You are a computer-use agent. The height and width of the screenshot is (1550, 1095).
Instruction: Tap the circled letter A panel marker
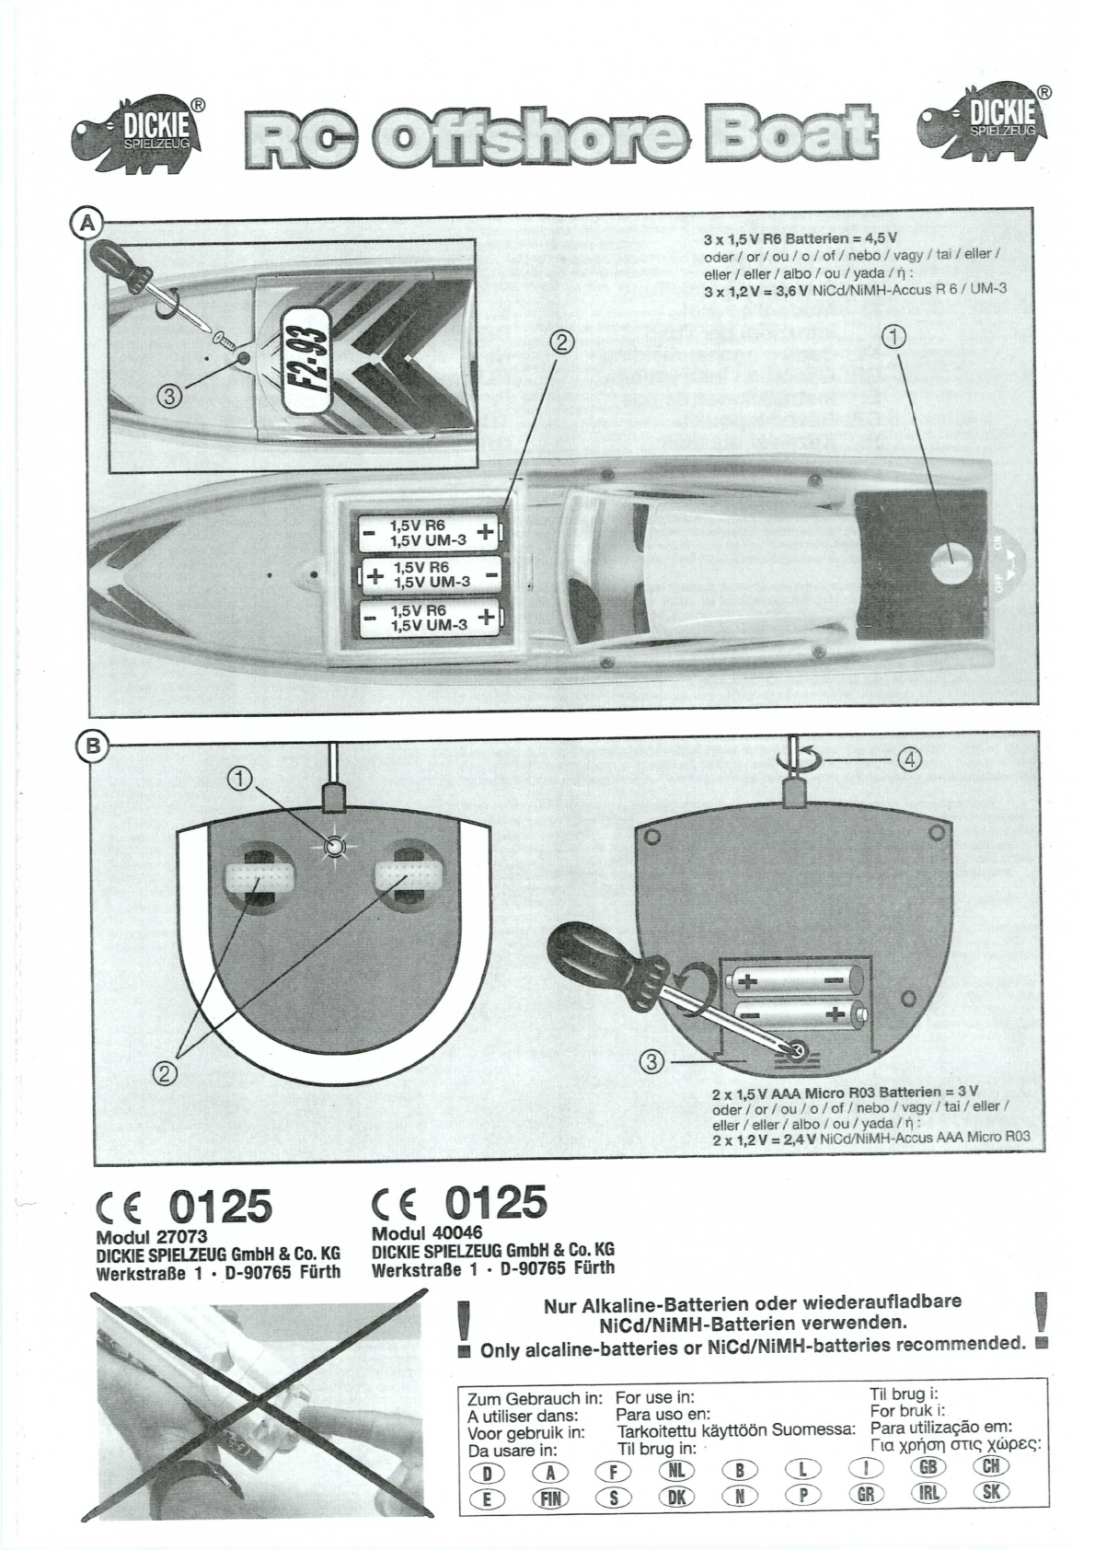pos(87,223)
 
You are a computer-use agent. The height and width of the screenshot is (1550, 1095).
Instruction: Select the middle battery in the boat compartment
pos(431,576)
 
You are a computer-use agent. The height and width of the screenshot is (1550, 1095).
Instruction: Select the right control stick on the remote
pos(405,880)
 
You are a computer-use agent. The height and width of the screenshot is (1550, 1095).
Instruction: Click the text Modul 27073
pos(151,1237)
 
